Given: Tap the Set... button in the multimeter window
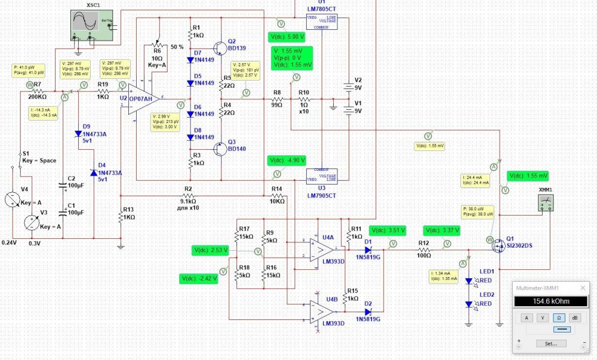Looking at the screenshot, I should coord(546,343).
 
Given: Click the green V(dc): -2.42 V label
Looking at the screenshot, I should coord(198,278).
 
